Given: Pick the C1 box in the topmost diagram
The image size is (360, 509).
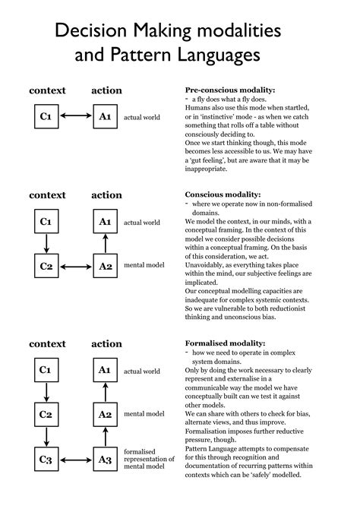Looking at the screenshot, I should pos(46,116).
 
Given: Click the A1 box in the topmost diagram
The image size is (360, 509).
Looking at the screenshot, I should pos(106,116).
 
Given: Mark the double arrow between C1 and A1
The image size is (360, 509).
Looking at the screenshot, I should pos(75,116).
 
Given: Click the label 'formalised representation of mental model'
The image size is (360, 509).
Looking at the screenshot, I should pos(147,459).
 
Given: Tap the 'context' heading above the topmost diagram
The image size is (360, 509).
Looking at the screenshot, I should pos(47,90).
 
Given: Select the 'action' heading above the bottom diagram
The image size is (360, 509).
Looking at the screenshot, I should pos(106,344).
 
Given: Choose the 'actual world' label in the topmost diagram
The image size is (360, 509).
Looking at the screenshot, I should pos(142,117).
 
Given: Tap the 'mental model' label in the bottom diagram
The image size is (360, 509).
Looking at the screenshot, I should pos(144,414).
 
